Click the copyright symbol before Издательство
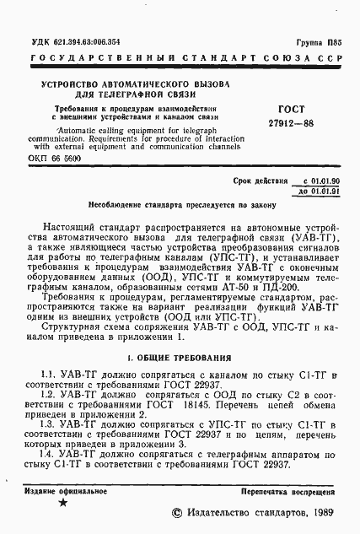click(x=176, y=512)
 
